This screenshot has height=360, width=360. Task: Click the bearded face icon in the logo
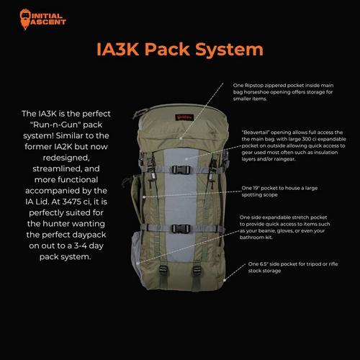click(x=25, y=19)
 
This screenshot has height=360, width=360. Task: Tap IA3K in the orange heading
click(x=117, y=50)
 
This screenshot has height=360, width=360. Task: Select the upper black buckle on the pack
click(x=181, y=170)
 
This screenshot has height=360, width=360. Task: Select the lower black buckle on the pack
click(x=181, y=229)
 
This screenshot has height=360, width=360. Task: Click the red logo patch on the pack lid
click(x=184, y=117)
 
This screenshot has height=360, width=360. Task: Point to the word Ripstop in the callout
click(x=253, y=86)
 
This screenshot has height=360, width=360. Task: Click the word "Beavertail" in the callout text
click(x=256, y=132)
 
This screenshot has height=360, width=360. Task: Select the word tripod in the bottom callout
click(x=312, y=264)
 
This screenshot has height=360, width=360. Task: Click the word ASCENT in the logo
click(x=48, y=22)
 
